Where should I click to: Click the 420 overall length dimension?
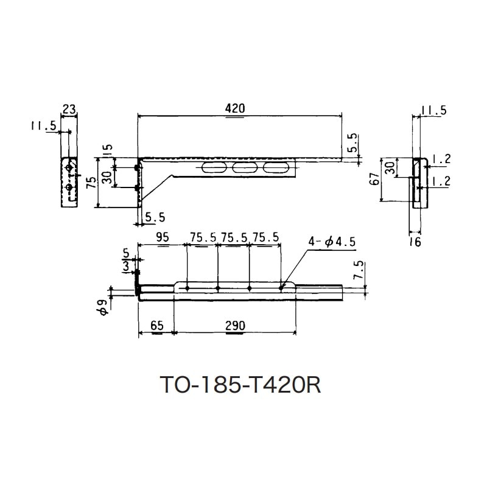[236, 108]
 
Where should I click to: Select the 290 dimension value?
[234, 326]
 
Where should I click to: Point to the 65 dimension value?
[156, 326]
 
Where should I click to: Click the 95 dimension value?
[162, 238]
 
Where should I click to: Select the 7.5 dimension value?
[358, 270]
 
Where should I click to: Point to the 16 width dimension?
[415, 242]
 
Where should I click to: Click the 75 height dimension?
[90, 183]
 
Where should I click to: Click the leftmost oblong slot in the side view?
[214, 167]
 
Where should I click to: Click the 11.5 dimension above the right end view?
[433, 110]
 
